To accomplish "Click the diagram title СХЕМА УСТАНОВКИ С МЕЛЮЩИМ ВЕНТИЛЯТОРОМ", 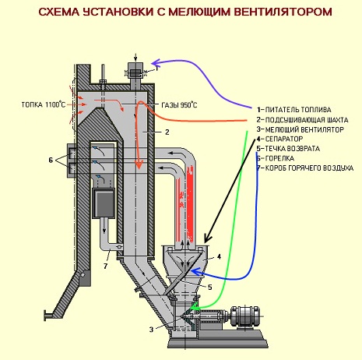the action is click(x=185, y=12).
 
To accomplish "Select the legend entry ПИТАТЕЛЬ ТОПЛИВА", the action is click(x=298, y=110).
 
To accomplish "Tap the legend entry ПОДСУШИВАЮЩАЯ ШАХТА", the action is click(x=307, y=120).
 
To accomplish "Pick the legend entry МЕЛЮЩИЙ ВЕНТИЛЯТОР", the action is click(x=304, y=129).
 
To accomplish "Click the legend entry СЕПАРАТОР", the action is click(x=284, y=139).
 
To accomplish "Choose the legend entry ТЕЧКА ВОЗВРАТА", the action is click(x=292, y=149).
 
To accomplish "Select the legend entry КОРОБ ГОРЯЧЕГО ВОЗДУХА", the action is click(x=309, y=168).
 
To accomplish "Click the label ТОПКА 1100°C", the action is click(x=44, y=104).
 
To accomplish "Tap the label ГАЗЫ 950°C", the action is click(x=179, y=105).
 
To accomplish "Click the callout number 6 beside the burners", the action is click(x=51, y=160).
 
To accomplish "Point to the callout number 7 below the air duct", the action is click(x=105, y=266).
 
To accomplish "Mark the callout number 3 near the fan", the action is click(x=151, y=330).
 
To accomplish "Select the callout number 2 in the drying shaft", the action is click(x=167, y=132).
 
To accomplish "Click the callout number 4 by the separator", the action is click(x=219, y=256).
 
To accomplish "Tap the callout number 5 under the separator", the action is click(x=210, y=287).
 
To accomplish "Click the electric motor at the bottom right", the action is click(x=244, y=316).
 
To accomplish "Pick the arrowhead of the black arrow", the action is click(x=207, y=238).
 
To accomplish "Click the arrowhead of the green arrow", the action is click(x=194, y=308).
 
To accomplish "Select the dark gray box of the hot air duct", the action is click(x=104, y=203).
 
